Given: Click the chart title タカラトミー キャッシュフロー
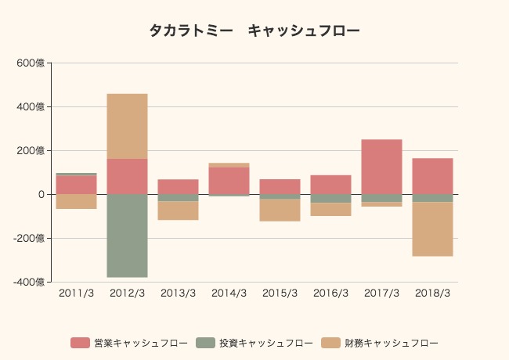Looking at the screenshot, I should [x=254, y=31].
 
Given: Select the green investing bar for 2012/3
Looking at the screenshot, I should [x=127, y=236].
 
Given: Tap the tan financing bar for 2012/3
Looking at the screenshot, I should [x=127, y=126].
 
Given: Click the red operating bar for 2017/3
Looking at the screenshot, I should [x=381, y=167].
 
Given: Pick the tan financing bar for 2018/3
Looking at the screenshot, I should [x=432, y=229].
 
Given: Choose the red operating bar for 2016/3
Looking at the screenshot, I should [x=330, y=185].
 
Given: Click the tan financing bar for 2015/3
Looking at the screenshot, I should [x=280, y=210].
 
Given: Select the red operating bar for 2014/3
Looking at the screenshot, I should [x=229, y=181].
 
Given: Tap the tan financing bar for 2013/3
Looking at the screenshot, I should [x=178, y=211].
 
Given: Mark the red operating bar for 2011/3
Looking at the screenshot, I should [x=76, y=185].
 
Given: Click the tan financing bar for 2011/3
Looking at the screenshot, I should [x=76, y=201].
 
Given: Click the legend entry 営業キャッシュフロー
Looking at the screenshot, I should [x=129, y=343].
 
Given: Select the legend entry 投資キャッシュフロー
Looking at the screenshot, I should [x=254, y=343].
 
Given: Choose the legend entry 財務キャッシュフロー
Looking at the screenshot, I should [x=380, y=343].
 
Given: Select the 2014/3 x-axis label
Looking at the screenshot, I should [x=229, y=293].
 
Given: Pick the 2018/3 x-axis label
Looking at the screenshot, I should [x=432, y=293].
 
